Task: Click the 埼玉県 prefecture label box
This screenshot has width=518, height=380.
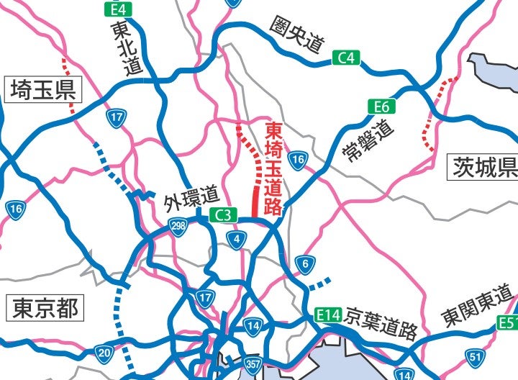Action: (x=43, y=90)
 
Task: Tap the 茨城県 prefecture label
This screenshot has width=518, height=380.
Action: (x=484, y=167)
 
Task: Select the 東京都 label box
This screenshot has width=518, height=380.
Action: (x=44, y=309)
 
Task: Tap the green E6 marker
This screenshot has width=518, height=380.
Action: (x=381, y=107)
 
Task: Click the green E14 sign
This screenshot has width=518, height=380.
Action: (x=329, y=315)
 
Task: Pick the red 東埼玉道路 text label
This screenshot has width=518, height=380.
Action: (x=274, y=168)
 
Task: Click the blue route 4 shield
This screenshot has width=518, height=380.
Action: (x=237, y=240)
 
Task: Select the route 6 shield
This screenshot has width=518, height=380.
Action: (x=305, y=265)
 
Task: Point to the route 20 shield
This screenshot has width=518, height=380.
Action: (x=104, y=353)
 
